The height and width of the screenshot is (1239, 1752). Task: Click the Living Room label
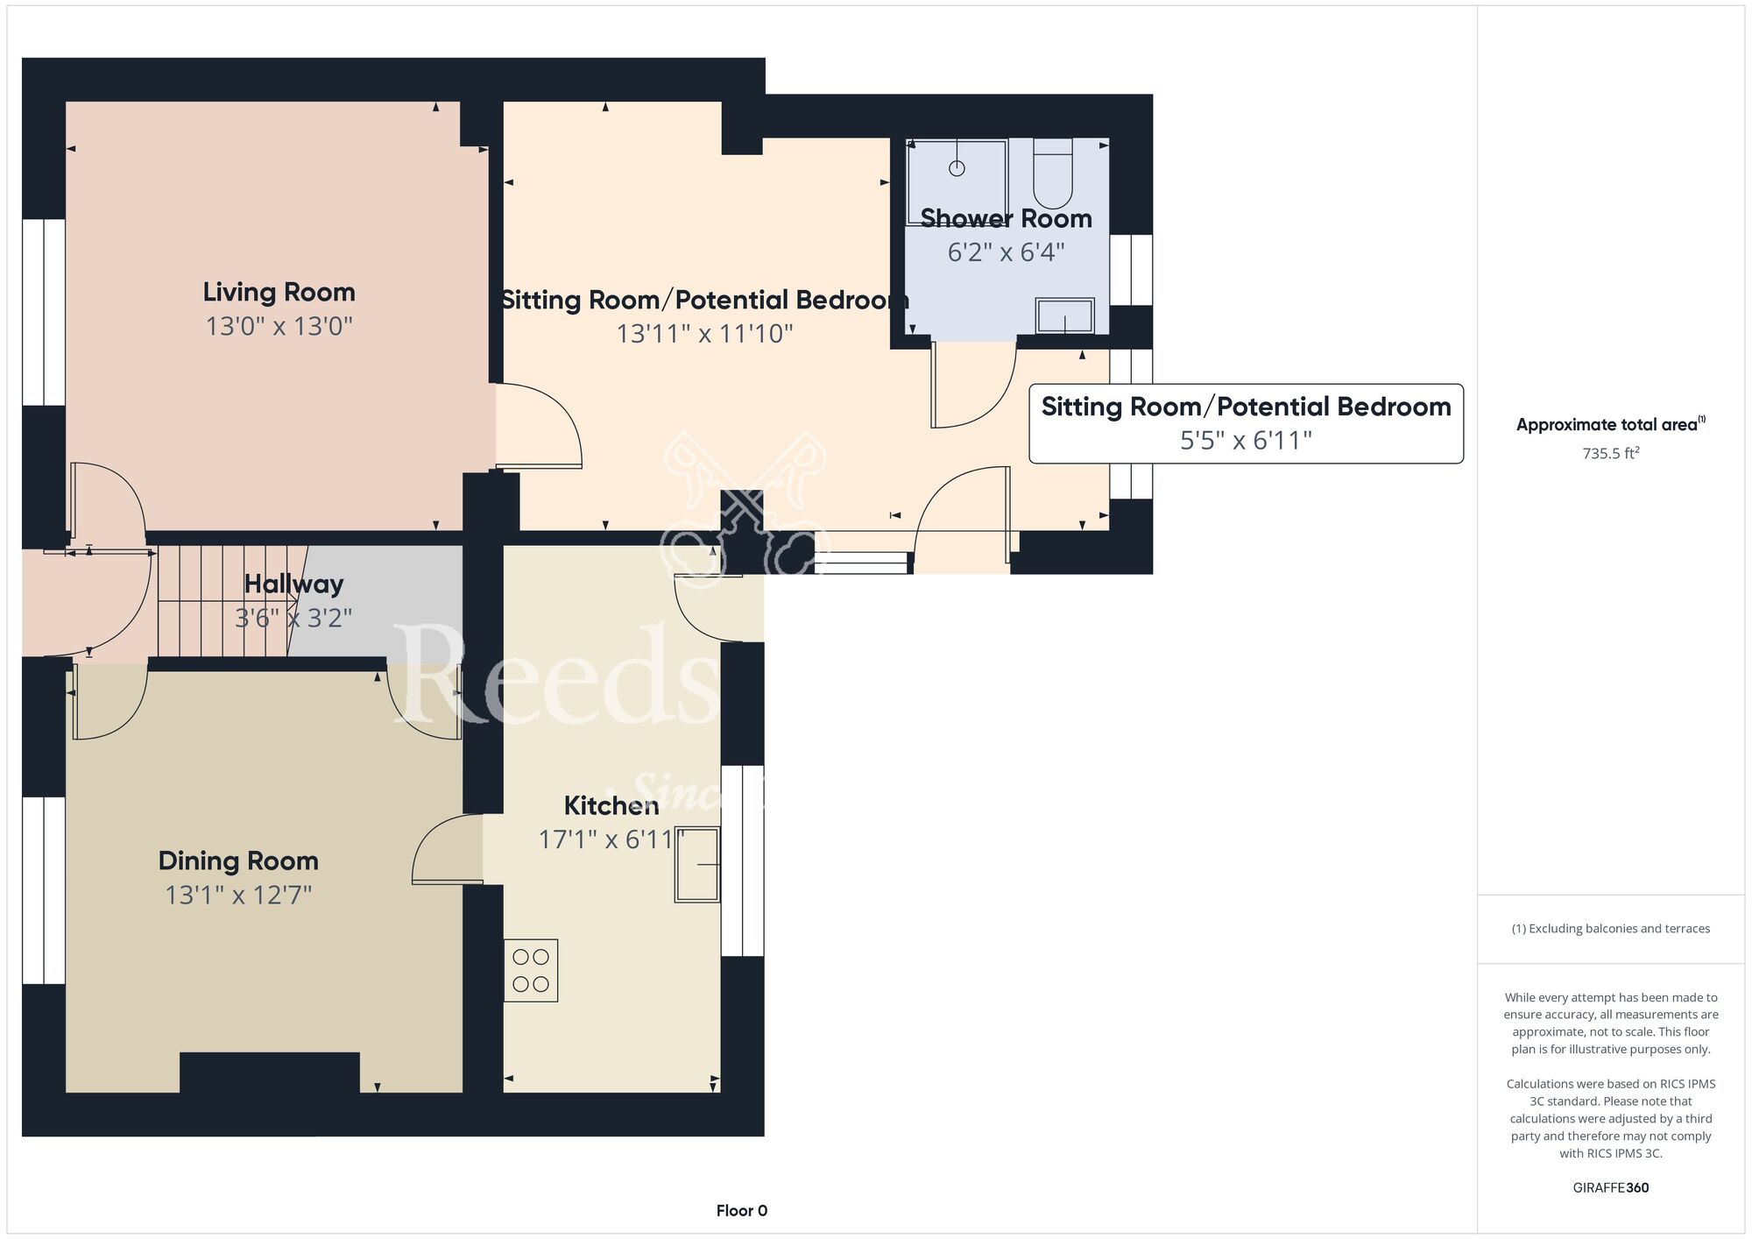click(279, 292)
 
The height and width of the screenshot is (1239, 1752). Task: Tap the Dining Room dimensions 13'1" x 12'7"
click(238, 895)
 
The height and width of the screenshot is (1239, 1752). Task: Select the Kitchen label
click(611, 805)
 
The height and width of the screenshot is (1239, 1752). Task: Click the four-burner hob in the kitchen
click(531, 971)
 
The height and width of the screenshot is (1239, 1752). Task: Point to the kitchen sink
click(697, 865)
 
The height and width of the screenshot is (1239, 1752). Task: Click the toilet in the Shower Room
click(1053, 173)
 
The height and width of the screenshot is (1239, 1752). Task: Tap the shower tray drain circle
click(957, 168)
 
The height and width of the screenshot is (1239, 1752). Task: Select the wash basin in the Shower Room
click(1065, 315)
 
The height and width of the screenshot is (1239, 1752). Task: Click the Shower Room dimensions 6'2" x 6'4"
click(1006, 252)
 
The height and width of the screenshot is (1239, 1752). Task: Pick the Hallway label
click(293, 584)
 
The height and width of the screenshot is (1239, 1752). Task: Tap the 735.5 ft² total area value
click(1610, 453)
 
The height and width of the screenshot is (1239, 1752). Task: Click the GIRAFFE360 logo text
click(1610, 1188)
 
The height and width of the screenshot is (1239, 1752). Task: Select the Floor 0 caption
click(741, 1211)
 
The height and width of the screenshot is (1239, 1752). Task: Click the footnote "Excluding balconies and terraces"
click(1619, 929)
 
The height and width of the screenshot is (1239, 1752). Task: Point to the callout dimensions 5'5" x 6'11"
click(1246, 440)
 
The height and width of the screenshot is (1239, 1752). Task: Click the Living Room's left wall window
click(44, 312)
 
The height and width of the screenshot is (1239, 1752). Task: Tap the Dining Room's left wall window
click(44, 890)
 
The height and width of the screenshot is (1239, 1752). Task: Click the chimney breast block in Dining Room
click(270, 1073)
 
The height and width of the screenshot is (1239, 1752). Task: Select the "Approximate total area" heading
click(1610, 424)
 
